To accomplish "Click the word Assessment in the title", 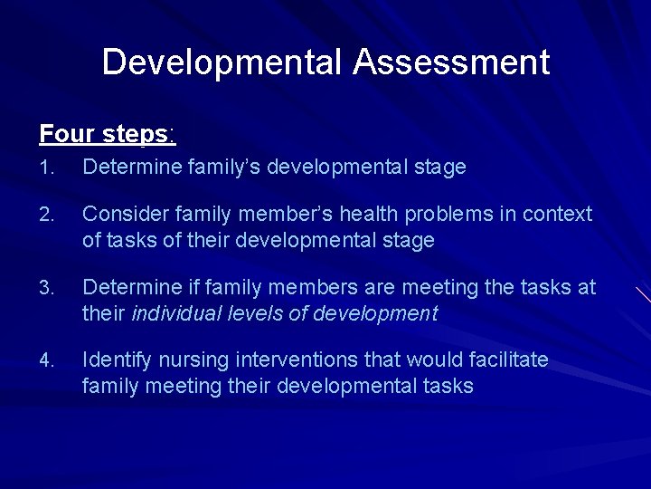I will point(451,62).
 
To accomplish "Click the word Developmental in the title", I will point(222,62).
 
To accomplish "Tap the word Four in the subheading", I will point(68,134).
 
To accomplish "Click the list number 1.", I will point(45,168).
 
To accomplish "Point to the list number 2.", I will point(46,216).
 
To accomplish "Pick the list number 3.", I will point(46,289).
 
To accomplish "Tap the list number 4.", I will point(46,361).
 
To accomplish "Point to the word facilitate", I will point(509,360).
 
